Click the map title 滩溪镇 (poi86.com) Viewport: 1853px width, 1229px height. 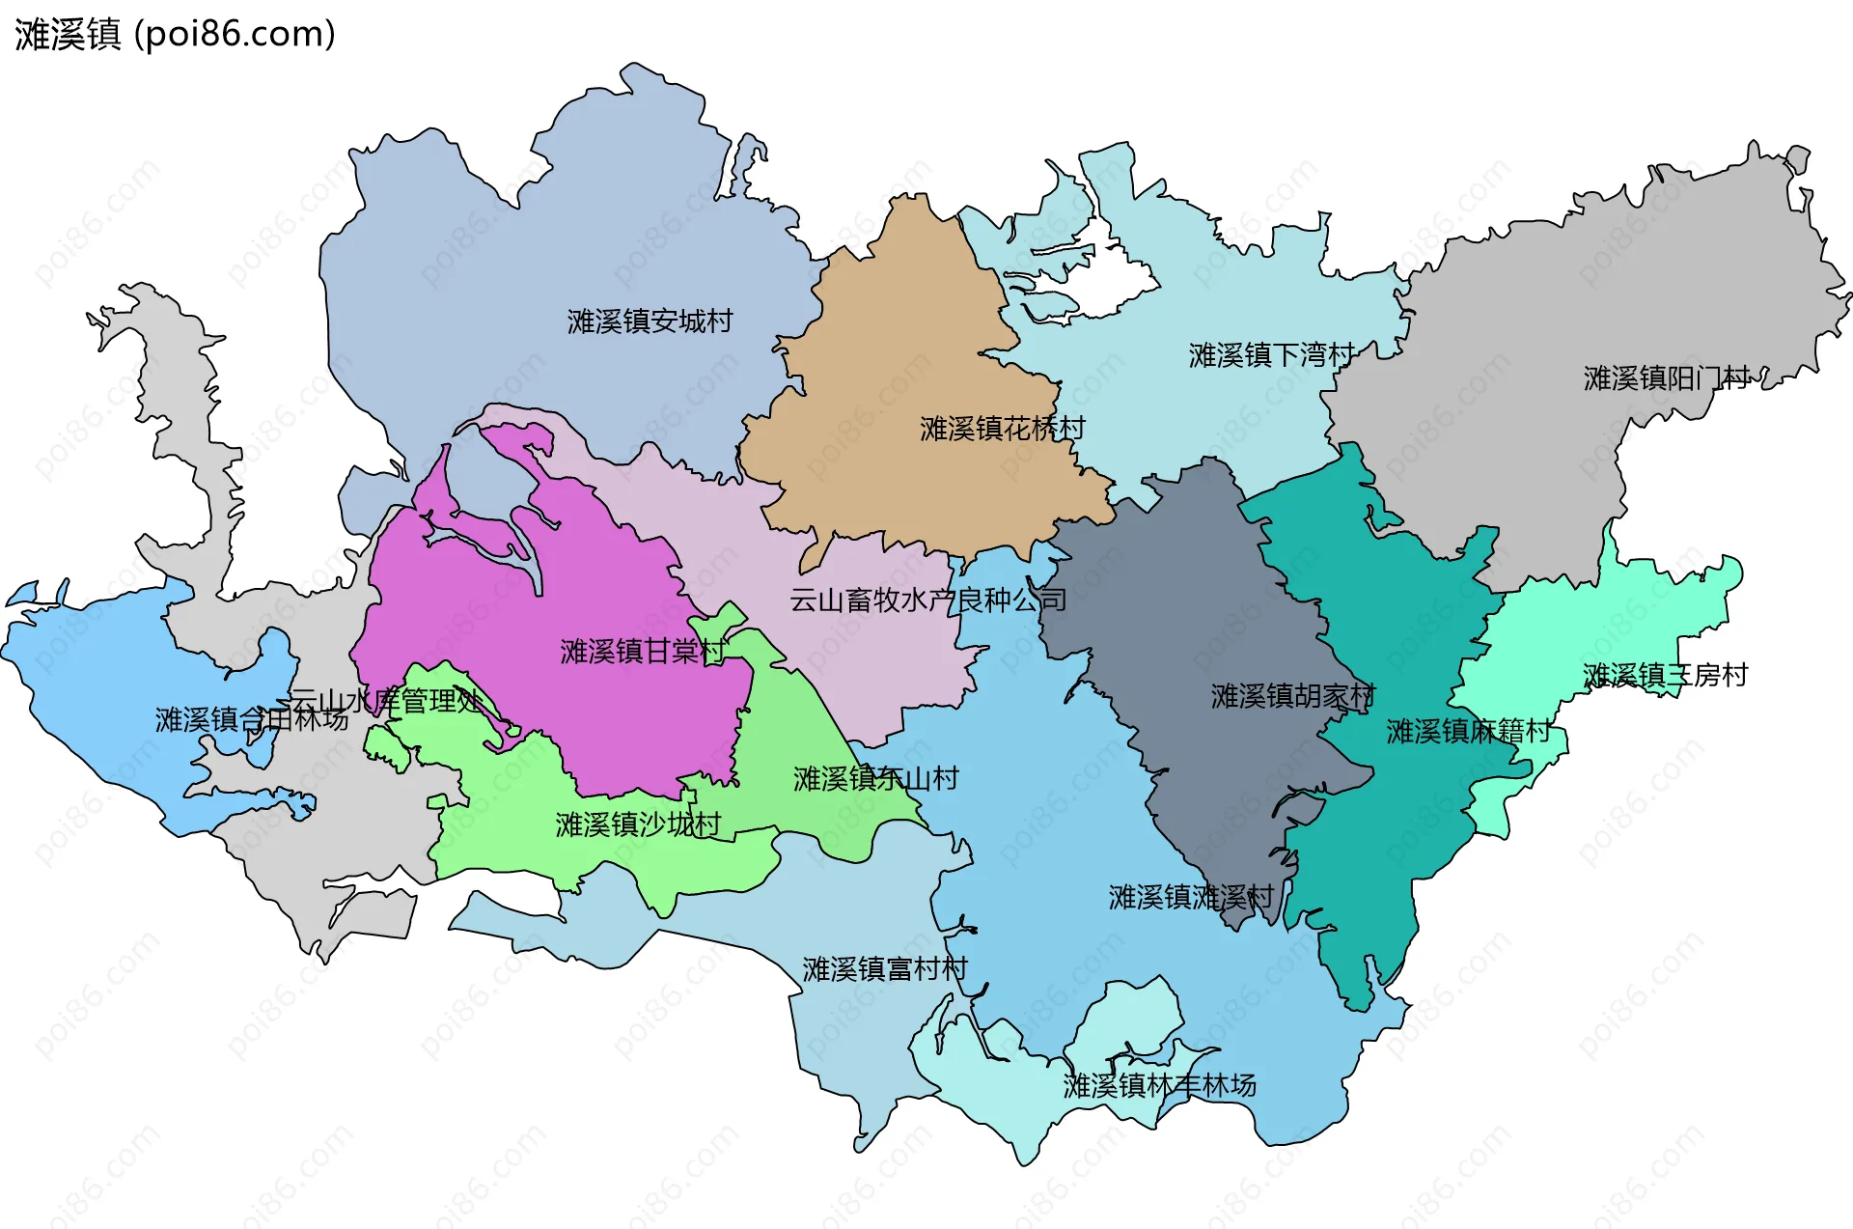click(x=175, y=35)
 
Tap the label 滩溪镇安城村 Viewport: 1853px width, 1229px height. click(x=650, y=321)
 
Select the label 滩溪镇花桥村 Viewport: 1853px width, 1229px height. click(x=1002, y=428)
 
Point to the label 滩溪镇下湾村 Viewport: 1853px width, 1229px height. click(x=1271, y=355)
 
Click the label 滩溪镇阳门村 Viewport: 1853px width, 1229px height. click(x=1666, y=377)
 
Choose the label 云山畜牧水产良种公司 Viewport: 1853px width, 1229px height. click(x=927, y=600)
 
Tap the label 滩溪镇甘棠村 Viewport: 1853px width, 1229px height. click(x=642, y=652)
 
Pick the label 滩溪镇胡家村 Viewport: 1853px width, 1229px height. click(x=1292, y=696)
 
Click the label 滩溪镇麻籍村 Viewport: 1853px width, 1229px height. click(x=1468, y=731)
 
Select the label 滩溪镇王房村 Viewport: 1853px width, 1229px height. click(x=1665, y=675)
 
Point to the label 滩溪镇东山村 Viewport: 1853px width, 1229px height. click(x=875, y=778)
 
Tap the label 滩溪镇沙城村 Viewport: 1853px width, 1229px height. click(x=638, y=824)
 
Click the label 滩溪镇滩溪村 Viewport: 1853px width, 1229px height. click(x=1191, y=897)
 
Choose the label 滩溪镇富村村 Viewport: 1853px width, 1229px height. click(x=885, y=968)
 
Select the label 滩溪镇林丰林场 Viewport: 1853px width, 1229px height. click(x=1159, y=1085)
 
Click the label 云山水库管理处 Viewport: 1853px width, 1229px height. click(x=386, y=700)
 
